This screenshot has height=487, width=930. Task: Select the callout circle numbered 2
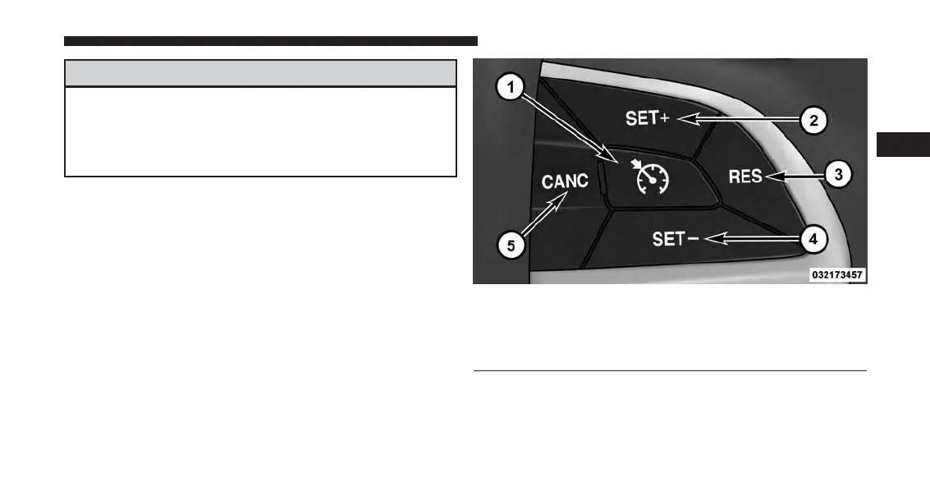click(813, 121)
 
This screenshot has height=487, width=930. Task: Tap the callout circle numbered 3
click(836, 174)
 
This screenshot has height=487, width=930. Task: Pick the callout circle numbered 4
click(812, 239)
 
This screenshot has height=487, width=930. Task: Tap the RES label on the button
click(745, 175)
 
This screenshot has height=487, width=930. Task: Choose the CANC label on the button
click(565, 181)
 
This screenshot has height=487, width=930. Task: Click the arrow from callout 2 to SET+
click(735, 120)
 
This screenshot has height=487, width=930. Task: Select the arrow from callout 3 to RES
click(793, 175)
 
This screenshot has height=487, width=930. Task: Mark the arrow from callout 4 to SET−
click(750, 239)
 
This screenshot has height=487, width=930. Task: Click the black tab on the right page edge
click(904, 144)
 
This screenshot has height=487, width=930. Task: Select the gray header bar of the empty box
click(260, 72)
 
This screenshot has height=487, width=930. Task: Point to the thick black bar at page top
click(270, 40)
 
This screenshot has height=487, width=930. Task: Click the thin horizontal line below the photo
click(670, 371)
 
